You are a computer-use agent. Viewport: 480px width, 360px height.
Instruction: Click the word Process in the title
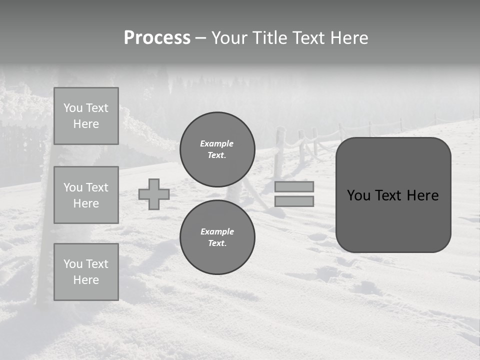157,38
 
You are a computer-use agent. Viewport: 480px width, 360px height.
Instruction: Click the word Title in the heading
269,38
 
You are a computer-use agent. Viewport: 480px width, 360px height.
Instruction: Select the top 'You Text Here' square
86,116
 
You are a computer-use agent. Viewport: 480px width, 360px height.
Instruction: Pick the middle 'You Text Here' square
86,195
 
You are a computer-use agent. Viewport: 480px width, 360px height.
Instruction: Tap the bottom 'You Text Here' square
86,272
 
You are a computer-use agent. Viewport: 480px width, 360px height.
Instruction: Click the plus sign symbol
154,194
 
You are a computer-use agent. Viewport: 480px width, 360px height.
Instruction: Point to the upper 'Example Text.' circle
217,149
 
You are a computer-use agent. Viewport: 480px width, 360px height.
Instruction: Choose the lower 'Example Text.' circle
217,237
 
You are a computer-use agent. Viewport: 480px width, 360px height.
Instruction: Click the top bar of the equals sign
294,186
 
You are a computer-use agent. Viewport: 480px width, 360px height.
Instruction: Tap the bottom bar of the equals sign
294,201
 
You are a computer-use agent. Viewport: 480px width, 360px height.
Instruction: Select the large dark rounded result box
393,195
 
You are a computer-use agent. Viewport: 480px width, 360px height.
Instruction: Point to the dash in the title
200,38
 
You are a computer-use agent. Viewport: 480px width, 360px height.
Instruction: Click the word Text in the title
307,38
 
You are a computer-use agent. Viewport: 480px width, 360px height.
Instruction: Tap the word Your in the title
229,38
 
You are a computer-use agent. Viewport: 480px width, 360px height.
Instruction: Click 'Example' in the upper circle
217,143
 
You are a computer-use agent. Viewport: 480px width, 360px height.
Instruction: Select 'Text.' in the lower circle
217,243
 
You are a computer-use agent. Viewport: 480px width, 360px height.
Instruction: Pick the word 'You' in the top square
73,108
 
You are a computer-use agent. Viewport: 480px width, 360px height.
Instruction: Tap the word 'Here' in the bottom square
86,280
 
